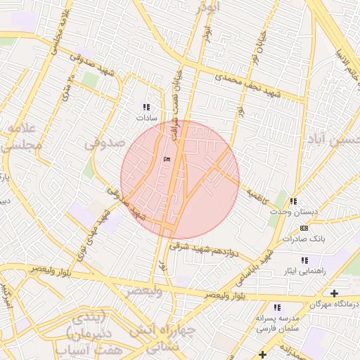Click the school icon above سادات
pos(146,107)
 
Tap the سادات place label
pos(148,119)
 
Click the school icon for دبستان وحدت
pos(293,201)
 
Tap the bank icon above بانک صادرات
pos(304,228)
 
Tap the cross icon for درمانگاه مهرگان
pos(333,292)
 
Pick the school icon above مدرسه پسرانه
pos(277,307)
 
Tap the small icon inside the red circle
pos(167,160)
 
